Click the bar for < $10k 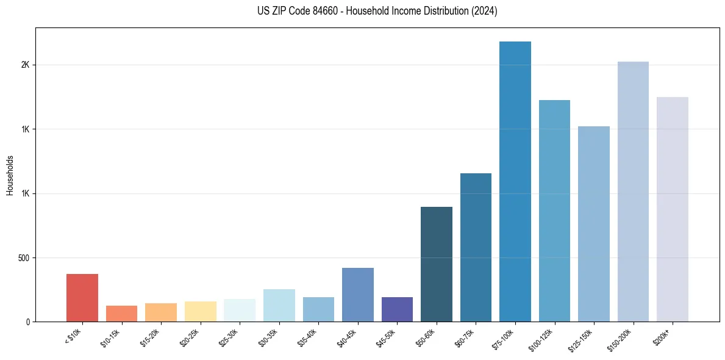pyautogui.click(x=82, y=298)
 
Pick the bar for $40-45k pyautogui.click(x=358, y=295)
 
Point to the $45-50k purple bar pyautogui.click(x=397, y=309)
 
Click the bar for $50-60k pyautogui.click(x=437, y=264)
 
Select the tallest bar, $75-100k pyautogui.click(x=515, y=182)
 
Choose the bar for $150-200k pyautogui.click(x=633, y=192)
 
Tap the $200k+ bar pyautogui.click(x=673, y=209)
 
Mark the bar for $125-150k pyautogui.click(x=594, y=224)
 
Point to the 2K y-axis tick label pyautogui.click(x=25, y=65)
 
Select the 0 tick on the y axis pyautogui.click(x=27, y=322)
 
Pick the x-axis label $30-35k pyautogui.click(x=269, y=337)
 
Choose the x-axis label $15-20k pyautogui.click(x=151, y=337)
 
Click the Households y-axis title pyautogui.click(x=10, y=175)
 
